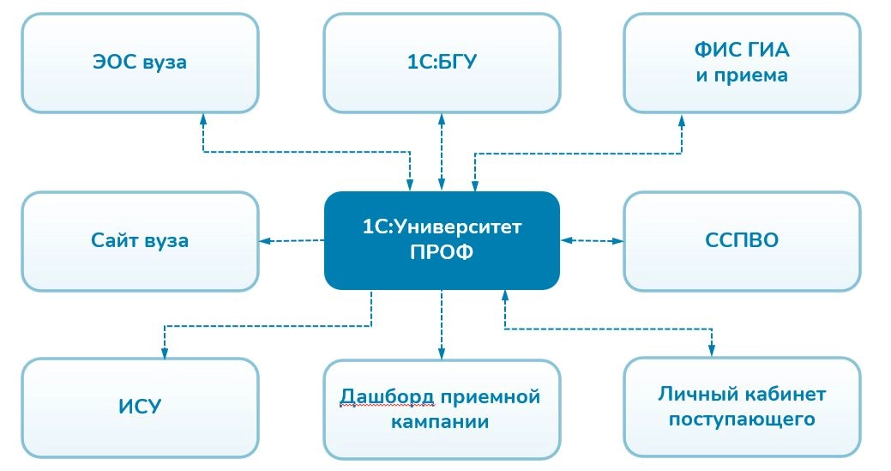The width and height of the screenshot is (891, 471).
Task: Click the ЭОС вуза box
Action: pos(139,63)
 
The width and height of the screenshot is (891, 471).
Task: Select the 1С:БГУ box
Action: pos(442,63)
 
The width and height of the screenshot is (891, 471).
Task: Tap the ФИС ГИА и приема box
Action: pos(741,63)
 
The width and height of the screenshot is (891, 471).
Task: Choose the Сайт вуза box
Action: pos(139,240)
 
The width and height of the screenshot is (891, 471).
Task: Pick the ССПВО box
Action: pos(741,240)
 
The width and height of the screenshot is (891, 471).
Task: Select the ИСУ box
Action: pos(139,406)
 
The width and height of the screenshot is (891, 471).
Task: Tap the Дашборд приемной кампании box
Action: pos(442,408)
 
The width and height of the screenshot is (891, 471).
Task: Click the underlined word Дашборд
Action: pos(382,397)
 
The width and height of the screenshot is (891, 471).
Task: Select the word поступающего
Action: pos(741,420)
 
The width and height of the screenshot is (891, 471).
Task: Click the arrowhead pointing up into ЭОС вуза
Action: pos(202,118)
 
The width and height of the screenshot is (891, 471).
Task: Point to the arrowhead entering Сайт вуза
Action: pos(265,240)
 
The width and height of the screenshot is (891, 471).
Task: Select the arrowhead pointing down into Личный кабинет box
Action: pos(711,350)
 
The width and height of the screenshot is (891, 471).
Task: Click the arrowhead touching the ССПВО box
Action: pos(617,240)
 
